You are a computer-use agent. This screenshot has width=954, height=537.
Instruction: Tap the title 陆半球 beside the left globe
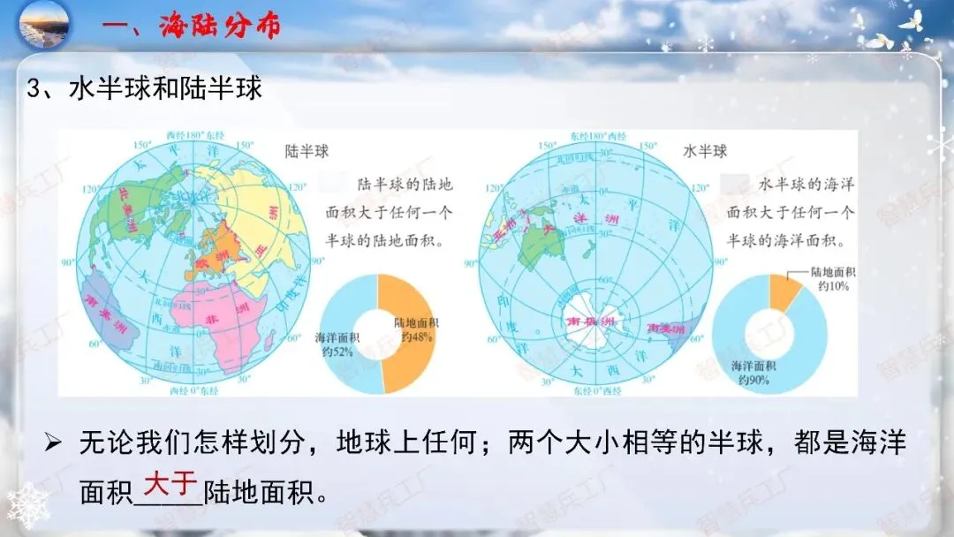pos(307,151)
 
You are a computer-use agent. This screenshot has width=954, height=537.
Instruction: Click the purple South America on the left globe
pos(106,306)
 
